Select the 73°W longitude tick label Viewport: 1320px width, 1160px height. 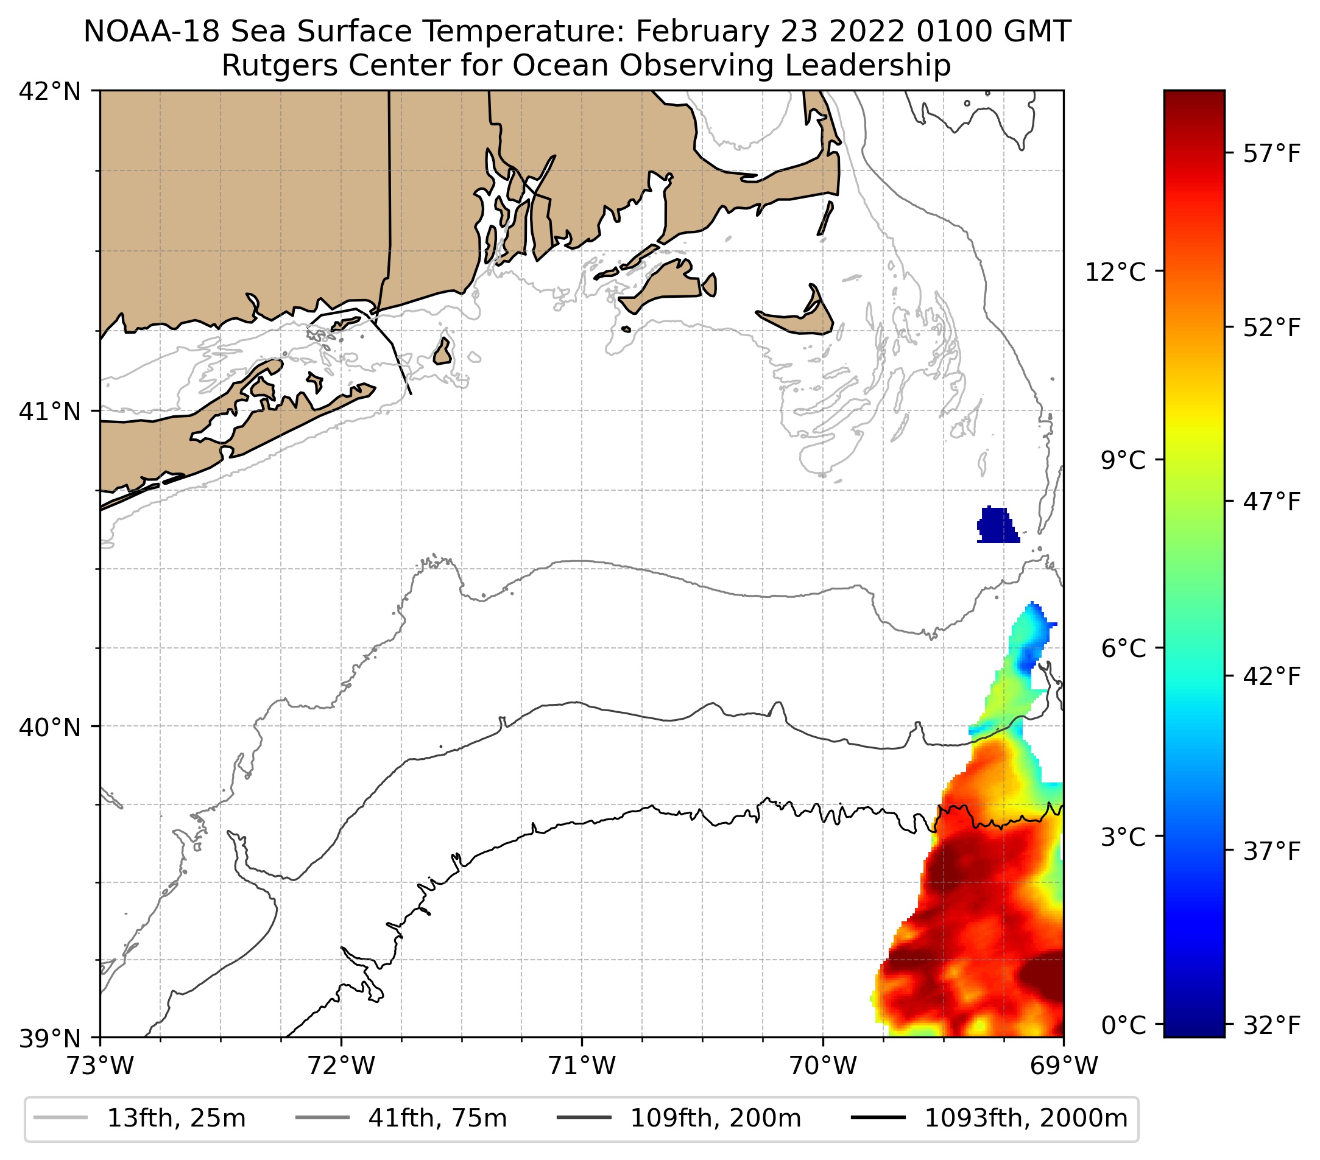100,1066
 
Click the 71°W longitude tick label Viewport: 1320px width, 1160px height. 582,1066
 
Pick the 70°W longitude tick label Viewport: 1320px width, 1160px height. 824,1066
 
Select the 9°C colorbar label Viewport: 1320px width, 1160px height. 1124,461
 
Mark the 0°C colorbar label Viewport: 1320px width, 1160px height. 1124,1024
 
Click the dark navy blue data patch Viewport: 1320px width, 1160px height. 997,525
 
